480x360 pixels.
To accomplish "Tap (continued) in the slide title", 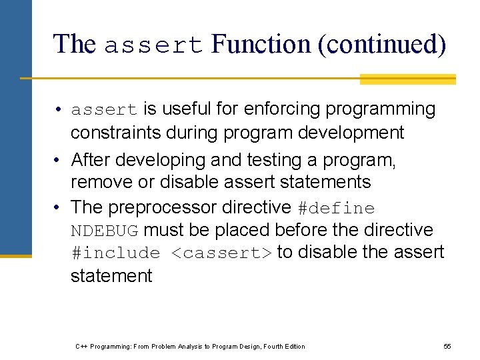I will point(382,44).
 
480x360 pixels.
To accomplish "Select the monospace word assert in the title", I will point(153,45).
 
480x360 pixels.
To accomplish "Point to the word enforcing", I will point(269,109).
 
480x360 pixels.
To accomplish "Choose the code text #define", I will point(337,208).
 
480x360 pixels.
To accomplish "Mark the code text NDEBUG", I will point(104,231).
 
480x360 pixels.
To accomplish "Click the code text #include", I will point(115,253).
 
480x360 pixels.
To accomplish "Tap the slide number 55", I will point(447,346).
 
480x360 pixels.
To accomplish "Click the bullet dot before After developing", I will point(59,160).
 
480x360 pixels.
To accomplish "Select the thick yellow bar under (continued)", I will point(407,79).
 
